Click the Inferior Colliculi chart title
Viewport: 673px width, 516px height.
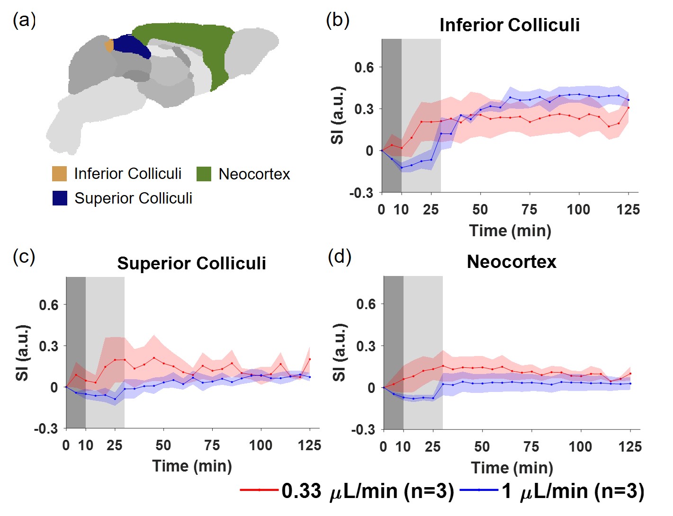click(x=510, y=25)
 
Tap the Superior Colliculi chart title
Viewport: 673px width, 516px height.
click(x=191, y=263)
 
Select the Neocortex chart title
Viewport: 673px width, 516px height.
click(x=511, y=262)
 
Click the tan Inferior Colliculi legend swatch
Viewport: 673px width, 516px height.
click(x=59, y=174)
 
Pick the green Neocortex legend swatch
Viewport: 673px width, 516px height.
click(x=204, y=174)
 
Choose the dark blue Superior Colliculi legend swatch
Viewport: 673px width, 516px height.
click(x=60, y=198)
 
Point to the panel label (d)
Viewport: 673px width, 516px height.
click(x=340, y=257)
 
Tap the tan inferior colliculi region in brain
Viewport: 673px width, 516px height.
click(x=109, y=46)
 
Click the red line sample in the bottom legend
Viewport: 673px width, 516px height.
click(x=259, y=490)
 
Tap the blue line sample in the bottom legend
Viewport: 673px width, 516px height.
click(x=478, y=490)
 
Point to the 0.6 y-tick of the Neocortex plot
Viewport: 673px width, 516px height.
click(x=366, y=304)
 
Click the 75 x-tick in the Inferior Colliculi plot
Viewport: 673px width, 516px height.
click(x=529, y=209)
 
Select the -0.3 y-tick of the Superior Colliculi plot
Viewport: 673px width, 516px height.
click(x=46, y=429)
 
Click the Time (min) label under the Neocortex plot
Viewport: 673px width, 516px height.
click(x=512, y=468)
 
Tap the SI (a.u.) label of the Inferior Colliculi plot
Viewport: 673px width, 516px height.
click(x=337, y=115)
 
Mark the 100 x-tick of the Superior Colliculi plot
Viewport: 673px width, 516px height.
click(x=260, y=445)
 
